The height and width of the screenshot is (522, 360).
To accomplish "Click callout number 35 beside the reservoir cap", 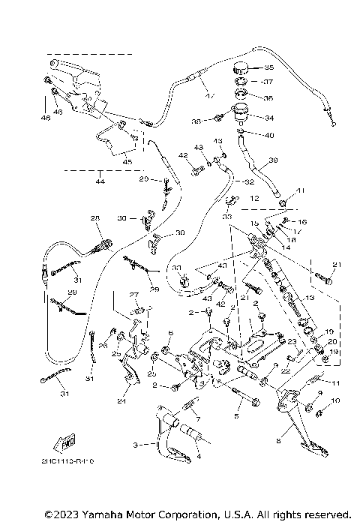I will pos(269,67).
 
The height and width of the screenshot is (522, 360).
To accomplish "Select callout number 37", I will pos(269,81).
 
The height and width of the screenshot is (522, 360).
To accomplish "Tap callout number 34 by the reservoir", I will pos(269,118).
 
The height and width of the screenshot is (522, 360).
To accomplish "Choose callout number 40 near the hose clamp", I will pos(269,135).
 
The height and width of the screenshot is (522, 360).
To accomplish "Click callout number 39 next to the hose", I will pos(273,160).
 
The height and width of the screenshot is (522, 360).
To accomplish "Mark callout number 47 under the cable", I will pos(209,95).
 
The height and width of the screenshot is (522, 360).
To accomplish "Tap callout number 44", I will pos(100,182).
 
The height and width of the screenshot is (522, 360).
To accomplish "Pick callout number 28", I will pos(95,218).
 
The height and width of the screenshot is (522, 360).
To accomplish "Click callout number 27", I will pos(135,294).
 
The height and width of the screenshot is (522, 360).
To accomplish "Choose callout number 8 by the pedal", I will pos(279,441).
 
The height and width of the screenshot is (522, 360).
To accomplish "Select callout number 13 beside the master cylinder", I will pos(307,298).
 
